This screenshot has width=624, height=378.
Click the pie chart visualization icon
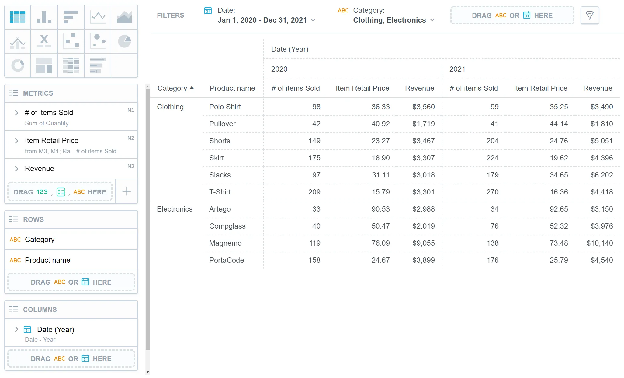coord(124,41)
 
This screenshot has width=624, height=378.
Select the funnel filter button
coord(589,15)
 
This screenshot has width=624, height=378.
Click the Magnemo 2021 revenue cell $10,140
coord(599,243)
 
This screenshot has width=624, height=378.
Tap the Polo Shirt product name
coord(225,107)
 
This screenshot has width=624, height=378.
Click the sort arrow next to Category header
coord(192,88)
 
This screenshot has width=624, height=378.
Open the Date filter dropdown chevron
coord(313,20)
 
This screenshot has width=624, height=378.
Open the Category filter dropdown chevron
coord(432,20)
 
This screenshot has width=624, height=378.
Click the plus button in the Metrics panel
coord(127,191)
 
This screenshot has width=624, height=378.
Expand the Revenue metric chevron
coord(16,169)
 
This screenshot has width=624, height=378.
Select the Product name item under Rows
coord(47,260)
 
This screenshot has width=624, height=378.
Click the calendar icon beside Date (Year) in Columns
coord(27,330)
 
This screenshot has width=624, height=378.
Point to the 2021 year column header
coord(457,69)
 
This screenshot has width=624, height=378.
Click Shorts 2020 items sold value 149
coord(314,141)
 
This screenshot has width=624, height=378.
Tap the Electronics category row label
coord(175,209)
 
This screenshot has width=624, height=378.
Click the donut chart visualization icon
coord(18,65)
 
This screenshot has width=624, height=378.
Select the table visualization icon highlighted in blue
coord(18,17)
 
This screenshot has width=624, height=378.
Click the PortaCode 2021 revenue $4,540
coord(601,260)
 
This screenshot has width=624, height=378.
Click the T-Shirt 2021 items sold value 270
coord(492,192)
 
